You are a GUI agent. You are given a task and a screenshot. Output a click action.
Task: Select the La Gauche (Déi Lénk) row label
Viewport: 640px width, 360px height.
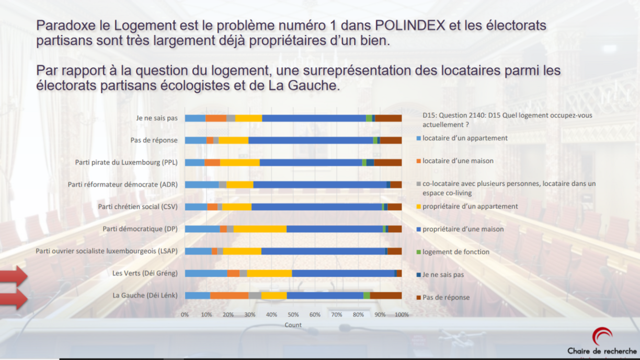[145, 295]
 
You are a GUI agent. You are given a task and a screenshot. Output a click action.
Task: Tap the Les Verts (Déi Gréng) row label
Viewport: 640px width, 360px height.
[145, 273]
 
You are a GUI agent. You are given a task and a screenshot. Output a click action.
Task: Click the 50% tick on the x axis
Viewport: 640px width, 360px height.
[293, 315]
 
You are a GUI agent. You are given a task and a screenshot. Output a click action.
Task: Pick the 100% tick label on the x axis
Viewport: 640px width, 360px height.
[402, 315]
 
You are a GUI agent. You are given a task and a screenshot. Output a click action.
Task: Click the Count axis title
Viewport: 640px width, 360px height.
[293, 325]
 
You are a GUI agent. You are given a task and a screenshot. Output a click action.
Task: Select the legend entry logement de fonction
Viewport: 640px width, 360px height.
[455, 252]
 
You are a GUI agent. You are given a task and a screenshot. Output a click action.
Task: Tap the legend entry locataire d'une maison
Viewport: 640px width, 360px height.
[458, 161]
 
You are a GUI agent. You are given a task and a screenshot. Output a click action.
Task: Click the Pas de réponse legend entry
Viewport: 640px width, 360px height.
[445, 297]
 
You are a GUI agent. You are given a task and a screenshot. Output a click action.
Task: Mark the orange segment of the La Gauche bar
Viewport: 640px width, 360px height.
[229, 295]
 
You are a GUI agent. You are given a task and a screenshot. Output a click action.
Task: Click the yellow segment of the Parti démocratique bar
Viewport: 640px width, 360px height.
[260, 229]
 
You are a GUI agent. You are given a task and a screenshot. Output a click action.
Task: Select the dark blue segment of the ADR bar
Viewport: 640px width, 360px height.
[388, 184]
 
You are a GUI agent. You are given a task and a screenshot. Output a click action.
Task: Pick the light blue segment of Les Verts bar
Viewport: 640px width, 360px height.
[206, 273]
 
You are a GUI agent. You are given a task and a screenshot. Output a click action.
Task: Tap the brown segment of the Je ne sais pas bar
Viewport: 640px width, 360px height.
[388, 118]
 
